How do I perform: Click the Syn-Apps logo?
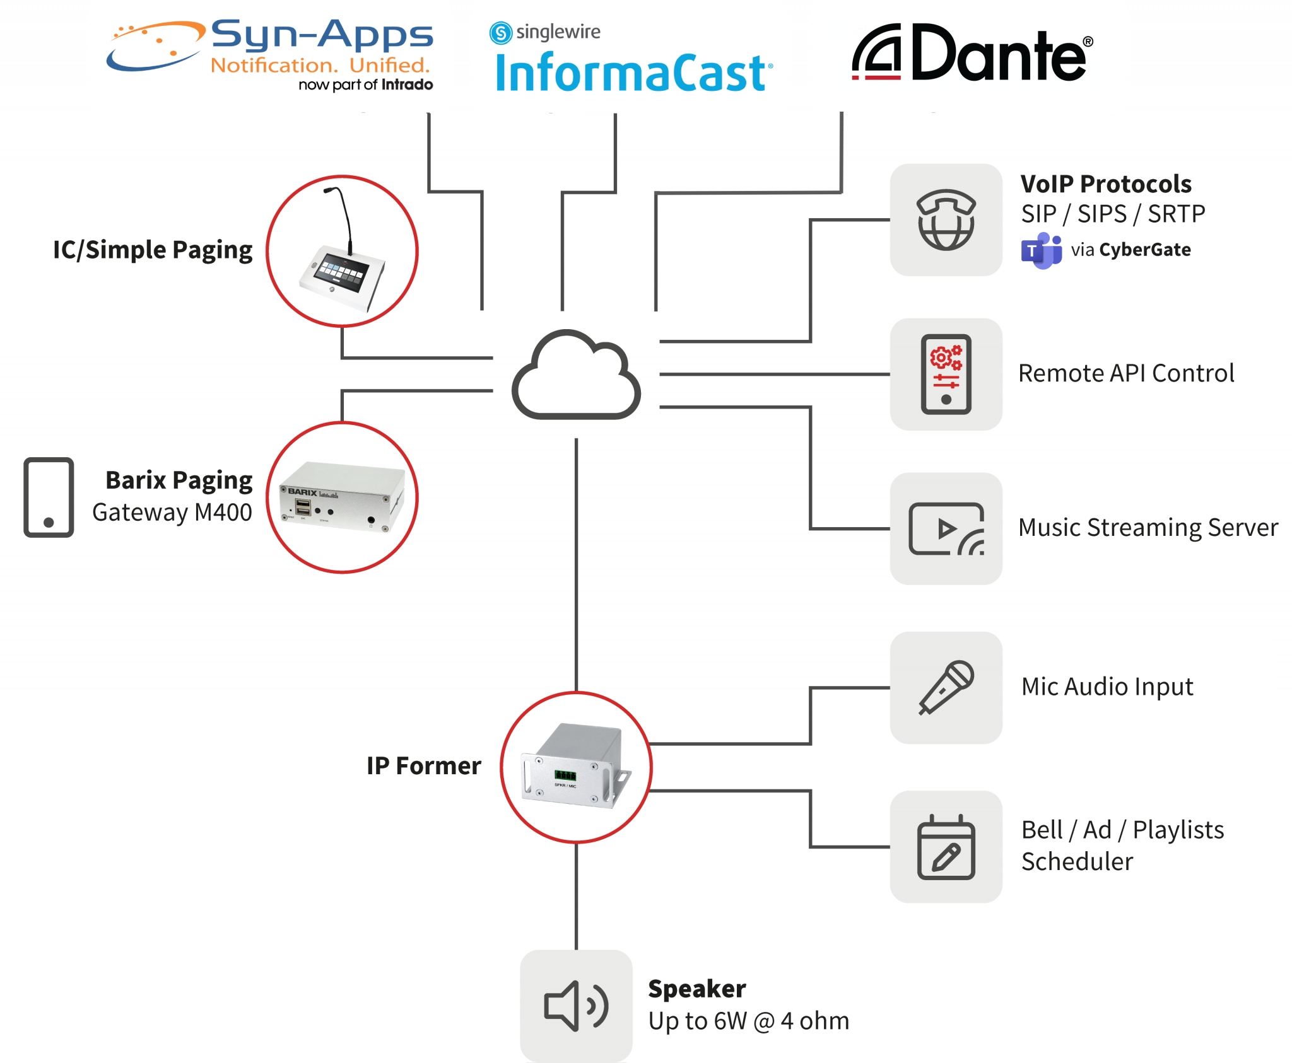coord(270,54)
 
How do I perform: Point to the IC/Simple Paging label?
coord(153,250)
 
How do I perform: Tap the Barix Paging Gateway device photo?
coord(342,497)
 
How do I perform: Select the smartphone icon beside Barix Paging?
coord(49,497)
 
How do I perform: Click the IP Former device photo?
coord(576,767)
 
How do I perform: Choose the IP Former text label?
coord(424,766)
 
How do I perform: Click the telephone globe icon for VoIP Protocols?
coord(946,220)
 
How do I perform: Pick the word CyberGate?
coord(1145,250)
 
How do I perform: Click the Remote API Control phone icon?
coord(946,374)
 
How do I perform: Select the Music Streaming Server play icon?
coord(946,528)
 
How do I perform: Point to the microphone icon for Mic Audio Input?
coord(946,687)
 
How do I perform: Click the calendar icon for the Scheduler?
coord(946,847)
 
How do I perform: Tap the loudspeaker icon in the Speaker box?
coord(576,1006)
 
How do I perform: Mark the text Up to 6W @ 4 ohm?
coord(749,1021)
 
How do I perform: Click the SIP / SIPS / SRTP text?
coord(1113,214)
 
